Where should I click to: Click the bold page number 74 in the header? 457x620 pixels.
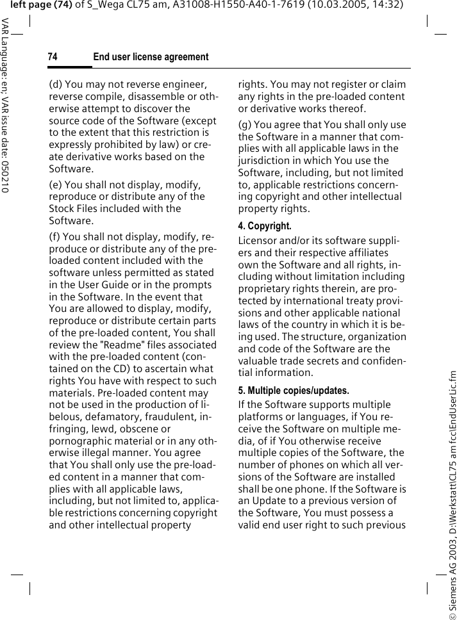(53, 58)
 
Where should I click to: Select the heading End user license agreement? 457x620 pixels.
(151, 58)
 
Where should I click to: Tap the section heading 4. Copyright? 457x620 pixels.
(265, 226)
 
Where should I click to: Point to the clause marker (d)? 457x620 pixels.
(56, 84)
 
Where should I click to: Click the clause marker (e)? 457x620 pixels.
(56, 184)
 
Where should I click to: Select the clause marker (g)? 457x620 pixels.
(245, 124)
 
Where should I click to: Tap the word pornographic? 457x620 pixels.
(81, 440)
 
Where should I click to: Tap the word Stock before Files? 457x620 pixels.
(62, 209)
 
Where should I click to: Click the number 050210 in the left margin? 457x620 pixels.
(5, 173)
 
